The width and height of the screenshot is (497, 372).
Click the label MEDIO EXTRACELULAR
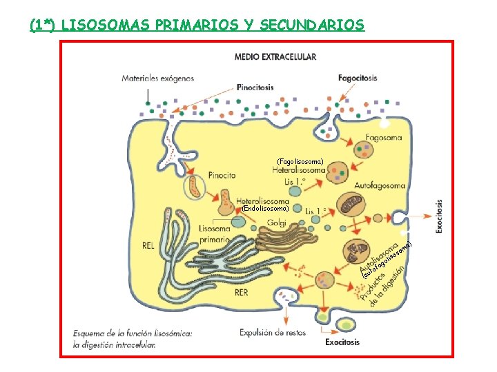coord(275,56)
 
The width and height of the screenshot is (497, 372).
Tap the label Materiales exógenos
coord(158,79)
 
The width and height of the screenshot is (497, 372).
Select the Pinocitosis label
coord(255,87)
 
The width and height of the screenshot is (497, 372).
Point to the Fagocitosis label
coord(358,78)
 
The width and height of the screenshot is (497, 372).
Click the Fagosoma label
coord(384,138)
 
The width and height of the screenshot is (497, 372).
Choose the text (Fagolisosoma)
coord(299,161)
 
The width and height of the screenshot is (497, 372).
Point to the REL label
coord(148,245)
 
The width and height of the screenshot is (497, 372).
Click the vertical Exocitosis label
coord(440,217)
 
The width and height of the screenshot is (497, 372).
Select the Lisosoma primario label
coord(215,234)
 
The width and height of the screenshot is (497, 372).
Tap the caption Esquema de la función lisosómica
coord(133,334)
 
